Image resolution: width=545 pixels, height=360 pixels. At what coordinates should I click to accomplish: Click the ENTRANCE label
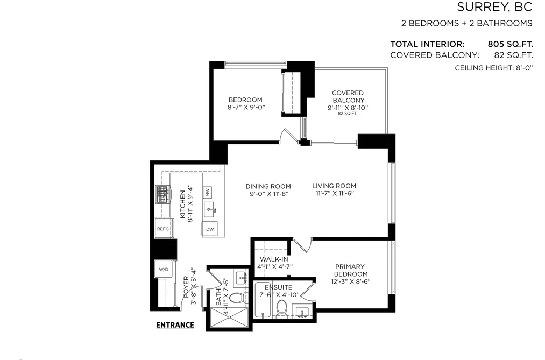[x=175, y=325]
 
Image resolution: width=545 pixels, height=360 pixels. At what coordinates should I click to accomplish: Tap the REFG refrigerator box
[x=163, y=229]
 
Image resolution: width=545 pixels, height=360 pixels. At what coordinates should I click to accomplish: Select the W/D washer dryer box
[x=164, y=269]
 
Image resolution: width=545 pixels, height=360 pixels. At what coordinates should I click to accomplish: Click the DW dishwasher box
[x=210, y=229]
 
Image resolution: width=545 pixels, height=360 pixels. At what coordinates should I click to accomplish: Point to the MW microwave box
[x=207, y=192]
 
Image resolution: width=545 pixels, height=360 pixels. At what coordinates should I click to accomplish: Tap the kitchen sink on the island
[x=211, y=209]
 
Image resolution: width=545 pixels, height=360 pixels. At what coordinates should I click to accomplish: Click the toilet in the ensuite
[x=281, y=308]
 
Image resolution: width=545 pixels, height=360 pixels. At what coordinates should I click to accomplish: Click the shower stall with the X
[x=230, y=317]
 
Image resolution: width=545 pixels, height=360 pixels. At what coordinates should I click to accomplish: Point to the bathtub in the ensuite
[x=263, y=300]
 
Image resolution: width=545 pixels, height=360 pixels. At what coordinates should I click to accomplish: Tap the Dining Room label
[x=268, y=186]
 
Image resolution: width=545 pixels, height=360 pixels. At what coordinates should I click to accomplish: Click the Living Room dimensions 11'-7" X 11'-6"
[x=334, y=194]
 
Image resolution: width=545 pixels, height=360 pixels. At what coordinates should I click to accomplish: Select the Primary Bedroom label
[x=350, y=270]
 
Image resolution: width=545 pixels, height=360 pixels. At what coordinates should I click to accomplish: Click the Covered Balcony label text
[x=348, y=97]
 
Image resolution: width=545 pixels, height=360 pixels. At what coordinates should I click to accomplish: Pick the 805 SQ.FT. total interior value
[x=510, y=44]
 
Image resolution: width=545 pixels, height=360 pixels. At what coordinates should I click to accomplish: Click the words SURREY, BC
[x=494, y=7]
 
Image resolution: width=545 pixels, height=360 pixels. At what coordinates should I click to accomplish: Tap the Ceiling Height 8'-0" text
[x=494, y=68]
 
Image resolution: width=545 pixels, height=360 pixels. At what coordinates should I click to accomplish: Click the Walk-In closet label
[x=274, y=259]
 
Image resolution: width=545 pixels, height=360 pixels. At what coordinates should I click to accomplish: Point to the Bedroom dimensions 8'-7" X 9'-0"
[x=246, y=107]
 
